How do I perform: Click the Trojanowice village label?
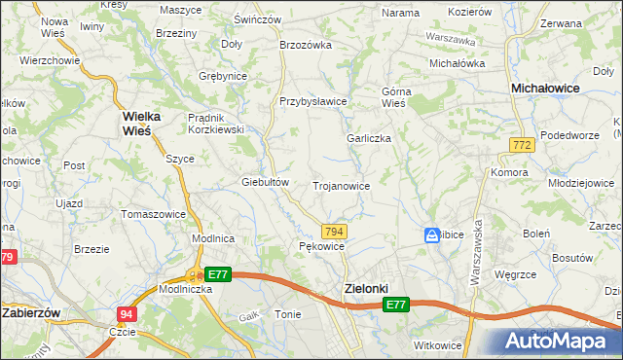point(340,185)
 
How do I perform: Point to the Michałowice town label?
point(545,88)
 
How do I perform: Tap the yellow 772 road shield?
point(521,144)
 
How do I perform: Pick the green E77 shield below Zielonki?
point(394,306)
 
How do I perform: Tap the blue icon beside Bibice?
point(431,235)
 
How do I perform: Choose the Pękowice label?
point(321,247)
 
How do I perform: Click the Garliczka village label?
point(369,138)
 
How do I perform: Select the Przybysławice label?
point(313,100)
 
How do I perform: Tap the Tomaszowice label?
point(152,213)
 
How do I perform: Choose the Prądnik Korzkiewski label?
point(215,124)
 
